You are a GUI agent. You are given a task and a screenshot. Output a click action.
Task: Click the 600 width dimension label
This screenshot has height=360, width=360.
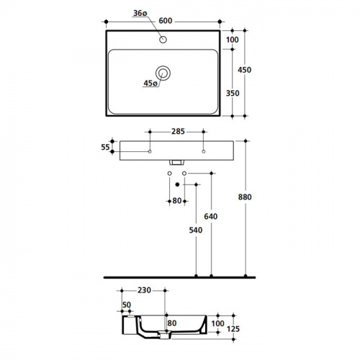point(166,21)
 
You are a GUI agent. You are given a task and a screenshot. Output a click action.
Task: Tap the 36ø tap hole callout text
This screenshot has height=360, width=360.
point(140,13)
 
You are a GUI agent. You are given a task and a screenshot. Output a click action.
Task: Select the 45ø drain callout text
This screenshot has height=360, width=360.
point(150,83)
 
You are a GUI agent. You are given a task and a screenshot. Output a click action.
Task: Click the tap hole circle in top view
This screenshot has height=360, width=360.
point(163,40)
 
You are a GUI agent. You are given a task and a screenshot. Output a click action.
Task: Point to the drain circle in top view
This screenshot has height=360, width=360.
point(163,73)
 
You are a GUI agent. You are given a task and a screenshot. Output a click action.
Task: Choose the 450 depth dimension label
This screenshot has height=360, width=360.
point(245,70)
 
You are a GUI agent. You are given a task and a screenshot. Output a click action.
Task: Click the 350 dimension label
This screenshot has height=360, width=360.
point(233,93)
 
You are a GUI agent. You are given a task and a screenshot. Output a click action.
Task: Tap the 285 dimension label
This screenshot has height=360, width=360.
point(178,131)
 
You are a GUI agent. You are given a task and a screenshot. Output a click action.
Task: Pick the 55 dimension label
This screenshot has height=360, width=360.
point(105,147)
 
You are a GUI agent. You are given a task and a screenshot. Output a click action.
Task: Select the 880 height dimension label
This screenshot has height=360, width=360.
point(245,197)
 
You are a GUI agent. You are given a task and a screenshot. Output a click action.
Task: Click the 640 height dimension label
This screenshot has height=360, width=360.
point(211,217)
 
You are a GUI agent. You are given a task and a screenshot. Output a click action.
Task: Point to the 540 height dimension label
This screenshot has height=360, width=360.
point(196,230)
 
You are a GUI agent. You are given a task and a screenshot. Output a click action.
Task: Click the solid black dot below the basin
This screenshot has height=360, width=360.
point(177,184)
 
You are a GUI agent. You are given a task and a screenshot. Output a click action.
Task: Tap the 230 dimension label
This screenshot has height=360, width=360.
point(144,290)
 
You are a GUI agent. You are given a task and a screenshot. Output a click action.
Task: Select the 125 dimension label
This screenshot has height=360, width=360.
point(233,329)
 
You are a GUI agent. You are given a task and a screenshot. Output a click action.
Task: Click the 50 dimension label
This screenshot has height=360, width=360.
point(127,305)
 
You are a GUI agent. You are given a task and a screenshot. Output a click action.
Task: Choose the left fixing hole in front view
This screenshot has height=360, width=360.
point(150,151)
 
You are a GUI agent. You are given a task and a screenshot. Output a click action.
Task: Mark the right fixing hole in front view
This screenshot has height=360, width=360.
point(204,151)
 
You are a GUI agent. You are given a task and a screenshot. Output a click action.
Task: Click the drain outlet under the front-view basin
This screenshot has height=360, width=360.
point(177,163)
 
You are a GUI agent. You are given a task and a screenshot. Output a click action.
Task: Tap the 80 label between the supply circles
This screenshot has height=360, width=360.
point(177,201)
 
